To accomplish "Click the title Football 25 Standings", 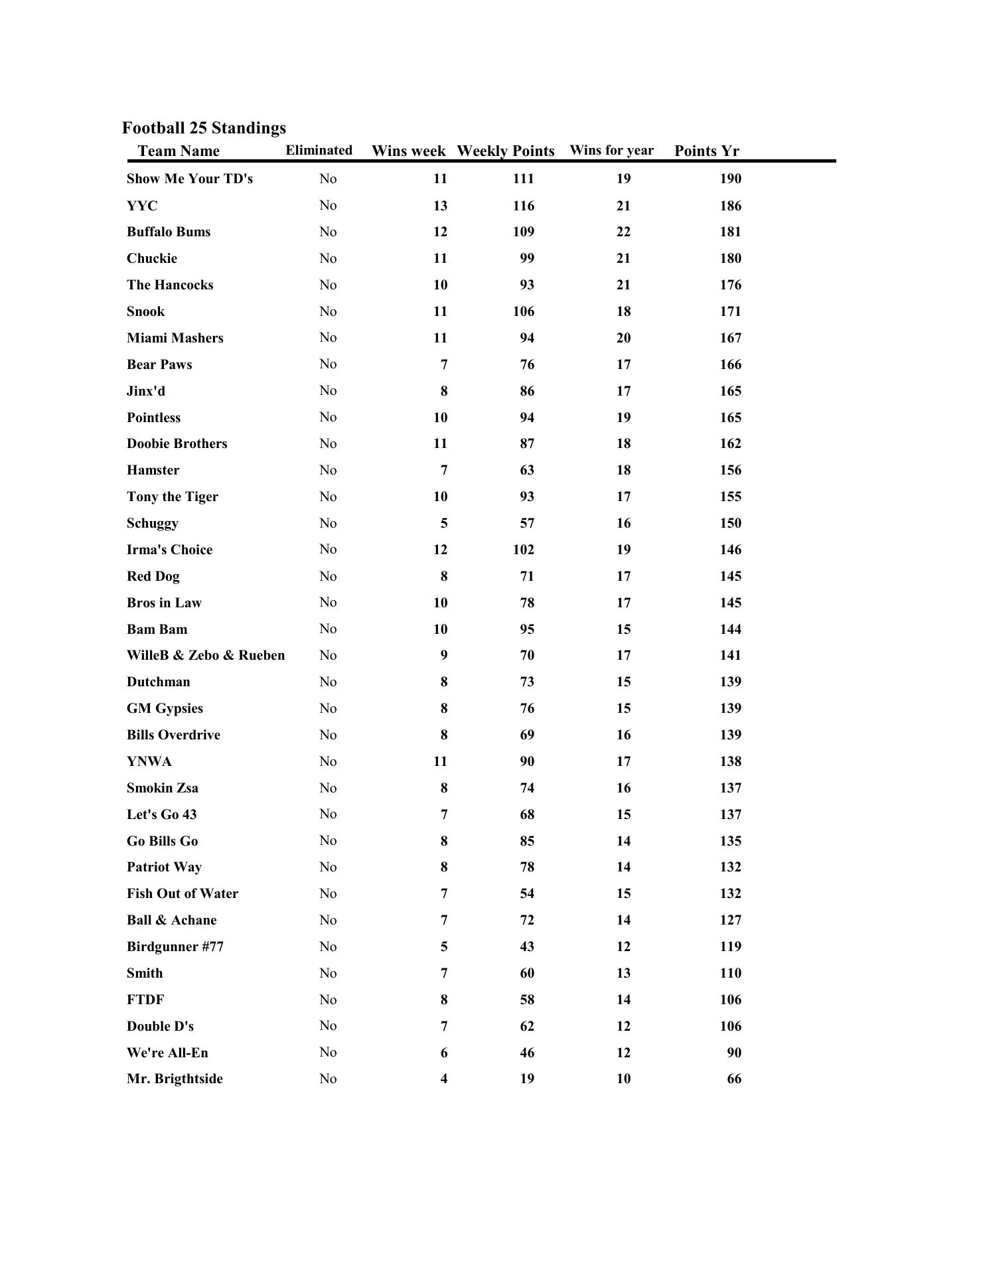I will (204, 128).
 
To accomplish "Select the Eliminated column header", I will (319, 150).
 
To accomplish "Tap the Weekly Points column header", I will (505, 151).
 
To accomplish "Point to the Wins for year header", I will (611, 150).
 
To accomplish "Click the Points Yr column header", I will (706, 151).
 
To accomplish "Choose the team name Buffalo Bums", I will (169, 232).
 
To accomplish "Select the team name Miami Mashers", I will (175, 338).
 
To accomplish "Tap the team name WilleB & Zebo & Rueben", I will (206, 655).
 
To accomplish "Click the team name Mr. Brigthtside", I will (175, 1079).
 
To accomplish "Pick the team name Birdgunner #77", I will (175, 946).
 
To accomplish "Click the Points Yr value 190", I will (730, 179).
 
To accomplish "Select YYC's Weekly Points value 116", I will (523, 206).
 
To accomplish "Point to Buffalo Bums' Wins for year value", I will (623, 232).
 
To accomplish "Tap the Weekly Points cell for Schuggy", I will (527, 523).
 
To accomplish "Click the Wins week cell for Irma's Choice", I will (440, 550).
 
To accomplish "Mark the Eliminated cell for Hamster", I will (328, 470).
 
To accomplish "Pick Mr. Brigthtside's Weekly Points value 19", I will (527, 1079).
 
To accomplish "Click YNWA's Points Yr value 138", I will (730, 761).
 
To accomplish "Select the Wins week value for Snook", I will (440, 311).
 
